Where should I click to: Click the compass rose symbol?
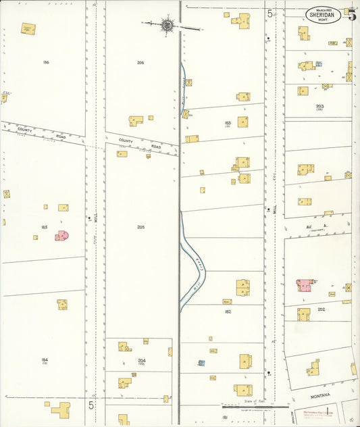[x=166, y=26]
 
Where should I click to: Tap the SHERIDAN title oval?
[x=324, y=14]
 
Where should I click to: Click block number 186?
[x=46, y=62]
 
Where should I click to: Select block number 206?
[x=140, y=62]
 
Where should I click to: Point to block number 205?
[x=140, y=227]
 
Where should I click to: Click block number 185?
[x=45, y=227]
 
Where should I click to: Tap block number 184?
[x=45, y=360]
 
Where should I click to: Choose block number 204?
[x=142, y=360]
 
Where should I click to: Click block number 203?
[x=319, y=106]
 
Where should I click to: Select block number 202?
[x=321, y=309]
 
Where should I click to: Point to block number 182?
[x=228, y=311]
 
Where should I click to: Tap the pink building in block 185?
[x=62, y=235]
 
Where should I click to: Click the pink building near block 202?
[x=304, y=284]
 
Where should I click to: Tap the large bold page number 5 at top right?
[x=352, y=15]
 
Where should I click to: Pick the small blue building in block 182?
[x=201, y=363]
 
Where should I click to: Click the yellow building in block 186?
[x=28, y=29]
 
